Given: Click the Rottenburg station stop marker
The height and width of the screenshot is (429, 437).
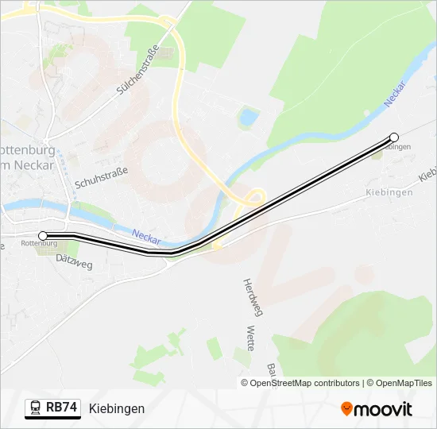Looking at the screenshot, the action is click(x=43, y=235).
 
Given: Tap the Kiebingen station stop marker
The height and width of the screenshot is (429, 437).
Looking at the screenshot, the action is click(x=394, y=137).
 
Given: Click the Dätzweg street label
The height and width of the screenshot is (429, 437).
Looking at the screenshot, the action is click(x=75, y=261).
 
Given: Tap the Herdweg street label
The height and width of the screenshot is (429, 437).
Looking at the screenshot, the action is click(x=252, y=298).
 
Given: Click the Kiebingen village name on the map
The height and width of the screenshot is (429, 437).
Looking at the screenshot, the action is click(x=389, y=192).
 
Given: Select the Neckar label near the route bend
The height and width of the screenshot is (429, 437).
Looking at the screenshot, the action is click(x=146, y=236).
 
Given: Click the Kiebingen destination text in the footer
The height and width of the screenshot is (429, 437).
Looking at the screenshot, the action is click(x=117, y=409).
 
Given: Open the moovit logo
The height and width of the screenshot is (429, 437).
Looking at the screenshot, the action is click(x=376, y=409).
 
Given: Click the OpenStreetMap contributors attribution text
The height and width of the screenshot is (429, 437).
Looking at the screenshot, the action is click(x=305, y=383).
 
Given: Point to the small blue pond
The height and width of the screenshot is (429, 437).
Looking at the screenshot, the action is click(x=249, y=117).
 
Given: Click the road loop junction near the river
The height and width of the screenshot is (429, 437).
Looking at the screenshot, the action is click(x=253, y=196).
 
